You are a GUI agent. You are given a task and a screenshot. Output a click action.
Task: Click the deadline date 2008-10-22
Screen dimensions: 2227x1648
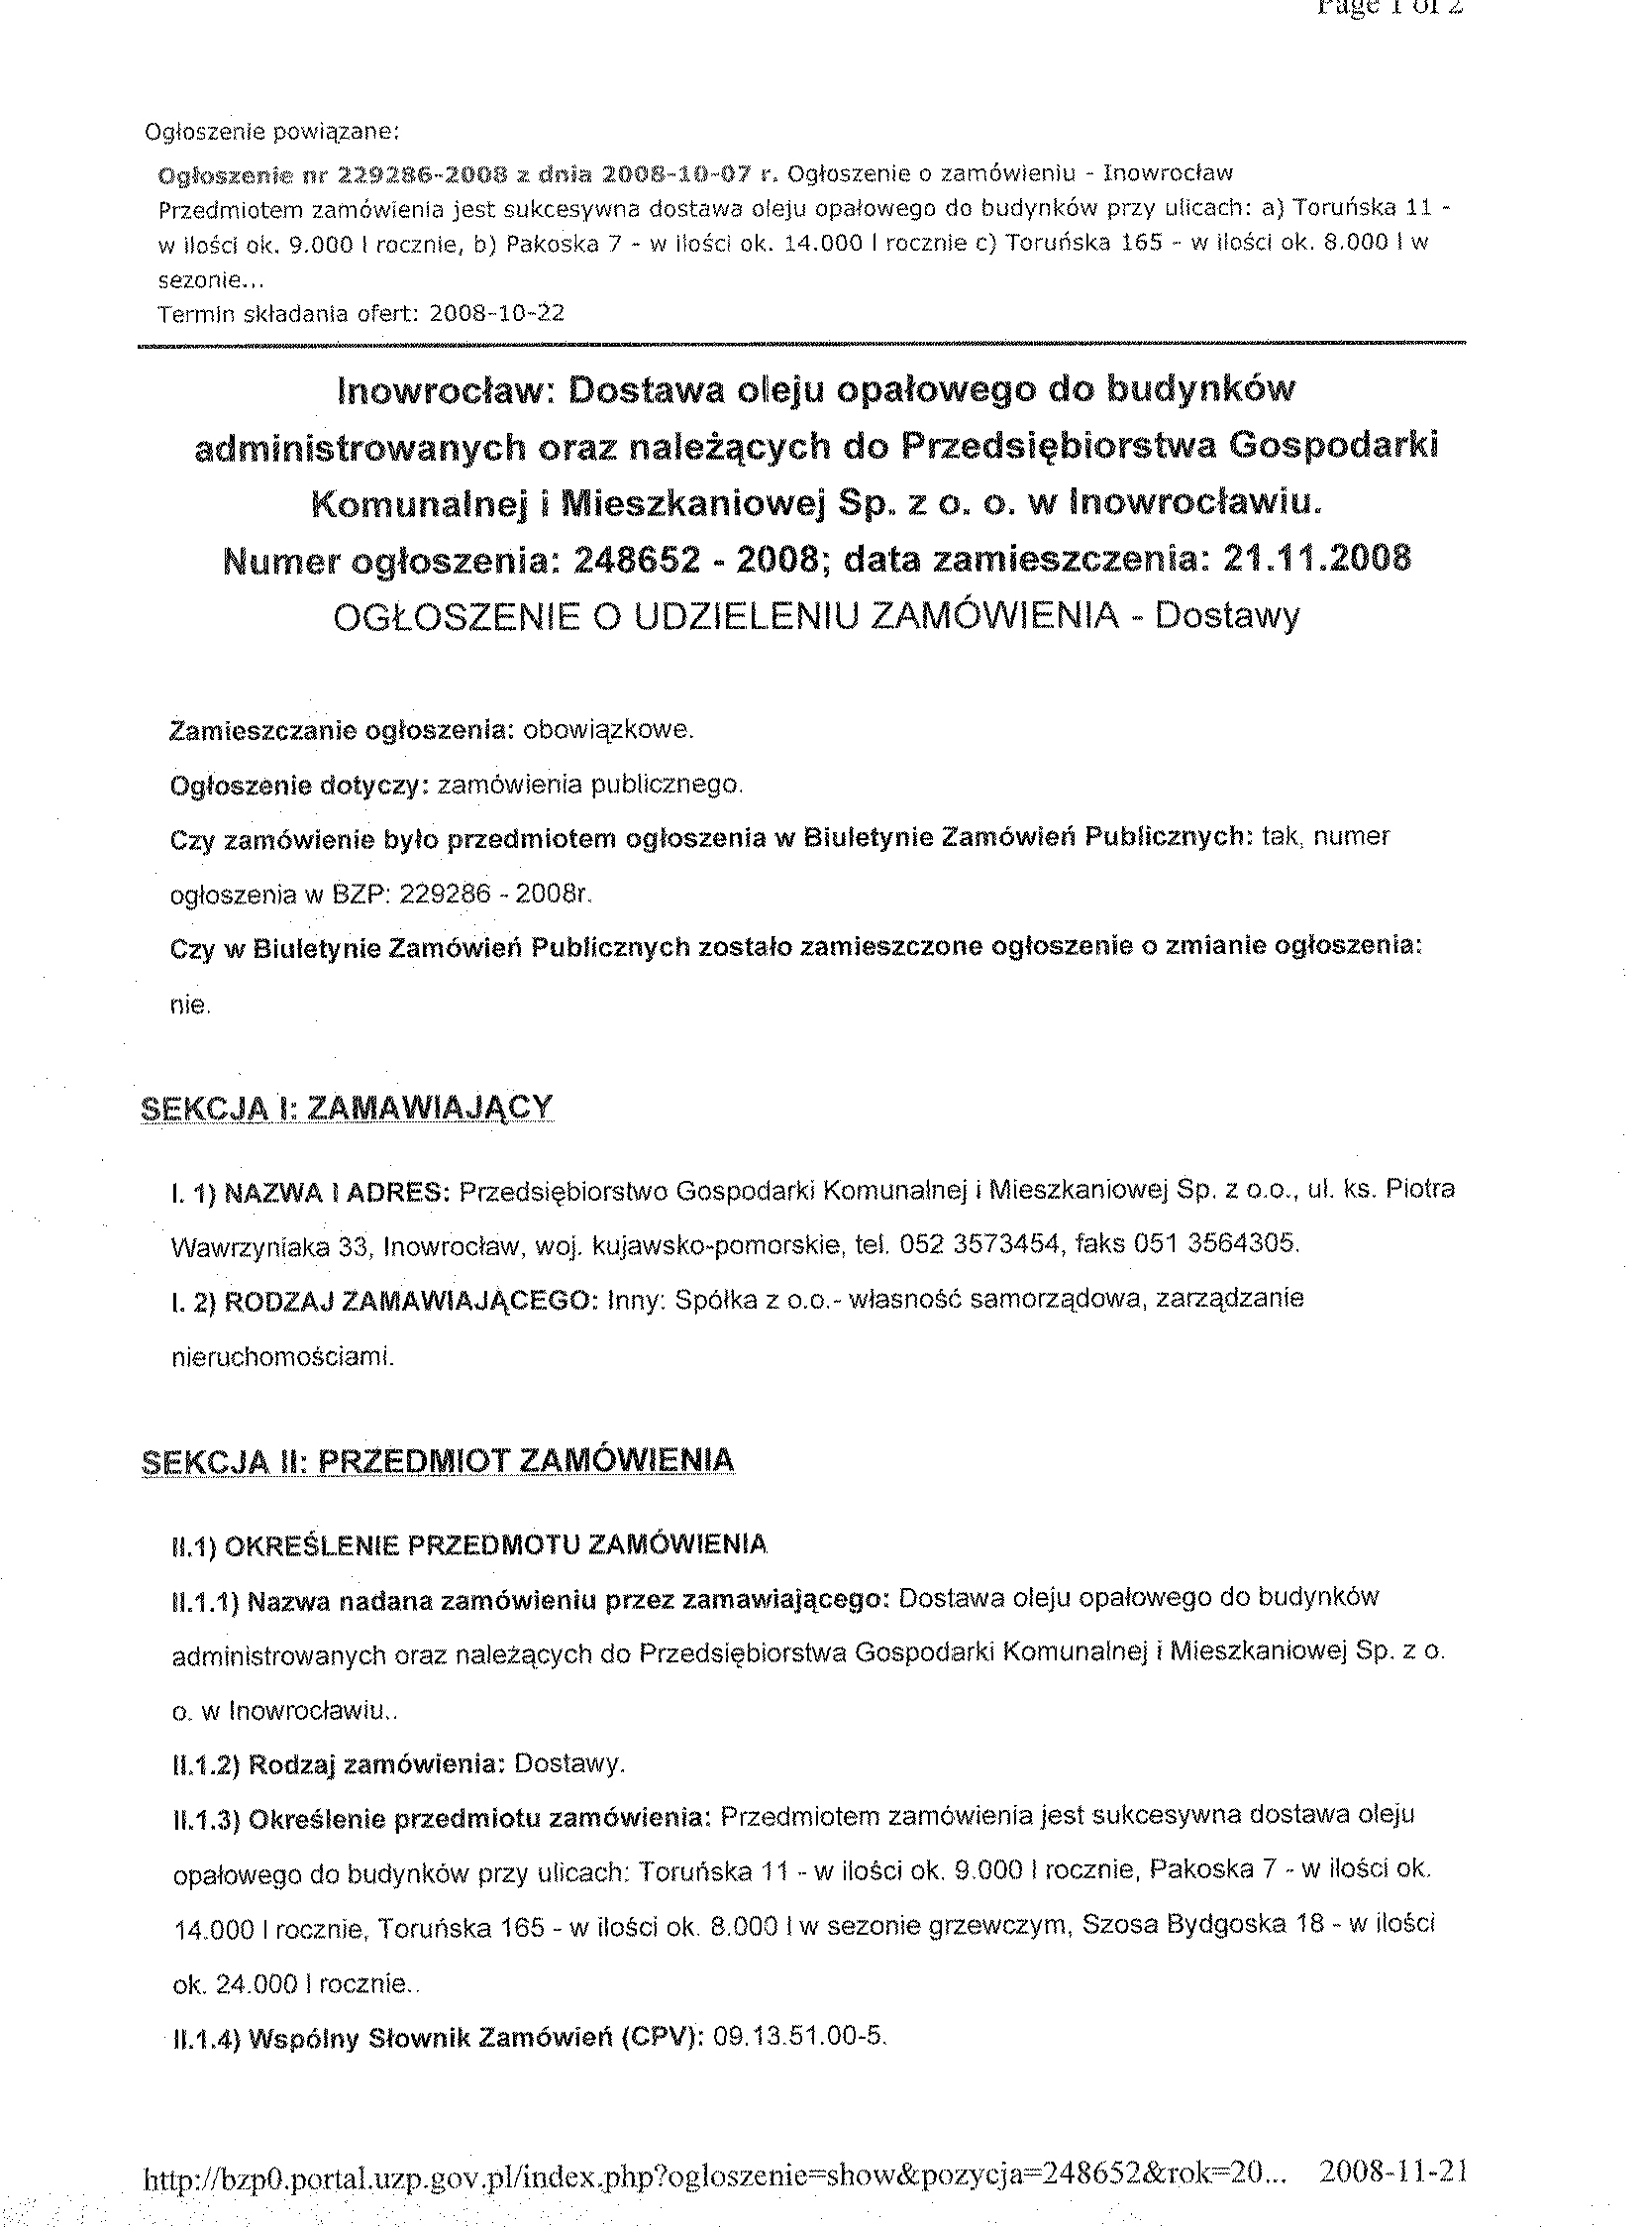496,313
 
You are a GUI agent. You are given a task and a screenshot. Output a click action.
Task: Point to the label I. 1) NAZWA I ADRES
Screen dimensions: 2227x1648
311,1191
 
